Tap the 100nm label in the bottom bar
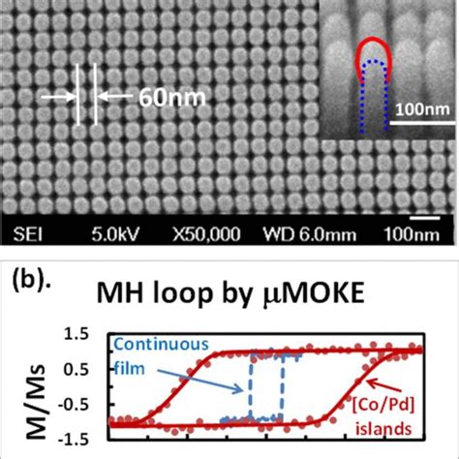[419, 234]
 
